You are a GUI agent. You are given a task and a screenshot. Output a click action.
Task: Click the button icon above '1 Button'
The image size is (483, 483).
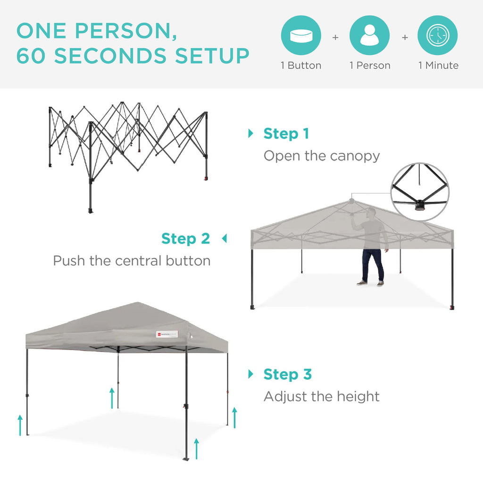(301, 36)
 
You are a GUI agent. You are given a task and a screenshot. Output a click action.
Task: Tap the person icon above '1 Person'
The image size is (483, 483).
(369, 36)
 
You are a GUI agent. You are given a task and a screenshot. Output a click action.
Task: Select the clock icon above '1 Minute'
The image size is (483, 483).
(438, 36)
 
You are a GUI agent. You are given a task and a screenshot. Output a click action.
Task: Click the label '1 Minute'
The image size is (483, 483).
(438, 66)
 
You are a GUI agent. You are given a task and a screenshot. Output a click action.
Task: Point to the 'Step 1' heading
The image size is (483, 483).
(286, 134)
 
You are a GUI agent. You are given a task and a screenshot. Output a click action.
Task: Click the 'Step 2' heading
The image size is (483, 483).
(185, 239)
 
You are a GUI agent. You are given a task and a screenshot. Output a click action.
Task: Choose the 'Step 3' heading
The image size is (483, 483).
(287, 375)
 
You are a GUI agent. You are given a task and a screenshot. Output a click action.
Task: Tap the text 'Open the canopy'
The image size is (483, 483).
(321, 156)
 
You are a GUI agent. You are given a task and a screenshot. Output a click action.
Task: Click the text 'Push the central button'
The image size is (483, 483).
(132, 260)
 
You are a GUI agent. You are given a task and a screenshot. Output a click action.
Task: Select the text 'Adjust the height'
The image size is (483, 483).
(321, 396)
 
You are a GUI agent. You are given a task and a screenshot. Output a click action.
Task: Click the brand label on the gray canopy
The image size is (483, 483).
(167, 334)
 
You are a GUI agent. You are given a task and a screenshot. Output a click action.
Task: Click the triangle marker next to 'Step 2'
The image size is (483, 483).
(224, 239)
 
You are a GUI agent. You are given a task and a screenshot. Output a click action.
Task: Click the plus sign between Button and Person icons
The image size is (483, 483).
(335, 37)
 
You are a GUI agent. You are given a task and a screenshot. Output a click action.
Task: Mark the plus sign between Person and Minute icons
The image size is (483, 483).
(404, 37)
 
